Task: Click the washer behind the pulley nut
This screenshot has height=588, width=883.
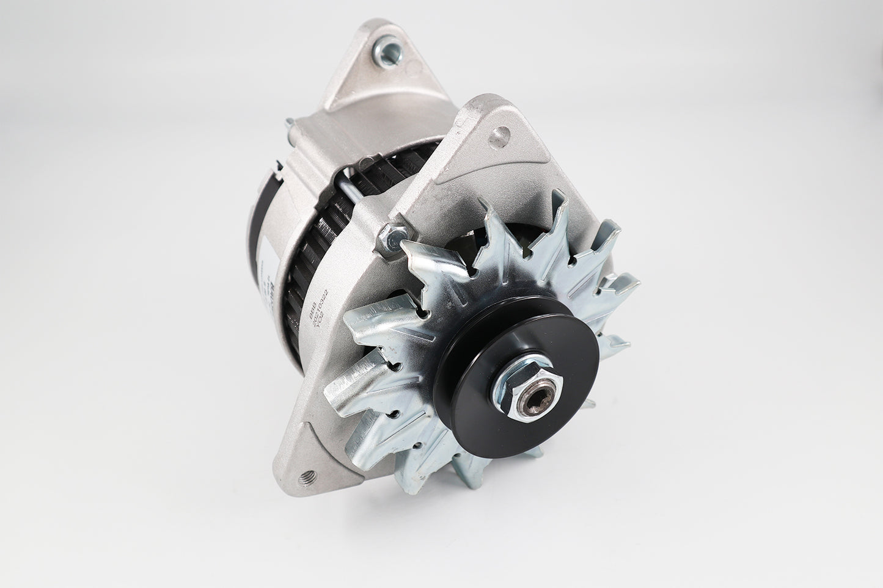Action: point(510,391)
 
